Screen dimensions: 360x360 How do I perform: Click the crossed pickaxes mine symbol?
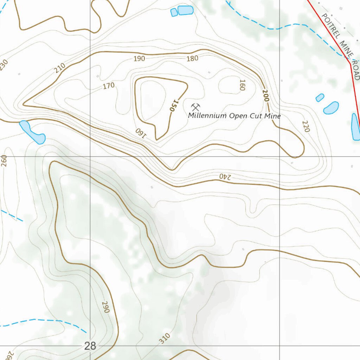tap(196, 107)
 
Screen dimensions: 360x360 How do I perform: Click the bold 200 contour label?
tap(265, 96)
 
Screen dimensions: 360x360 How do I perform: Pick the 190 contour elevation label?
tap(139, 58)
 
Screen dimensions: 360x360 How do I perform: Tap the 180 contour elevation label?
tap(192, 58)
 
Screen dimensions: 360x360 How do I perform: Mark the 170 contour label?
tap(109, 85)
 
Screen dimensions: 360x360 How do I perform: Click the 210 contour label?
tap(60, 67)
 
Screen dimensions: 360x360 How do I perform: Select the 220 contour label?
tap(306, 126)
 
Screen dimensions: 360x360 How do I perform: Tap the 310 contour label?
tap(164, 339)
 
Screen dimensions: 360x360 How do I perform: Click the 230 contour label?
tap(4, 65)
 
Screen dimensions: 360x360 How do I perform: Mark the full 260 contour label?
tap(4, 161)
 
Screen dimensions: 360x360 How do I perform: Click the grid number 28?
tap(90, 346)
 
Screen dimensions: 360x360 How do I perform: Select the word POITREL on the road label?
tap(331, 26)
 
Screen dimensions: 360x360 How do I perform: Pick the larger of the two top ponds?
tap(185, 10)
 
